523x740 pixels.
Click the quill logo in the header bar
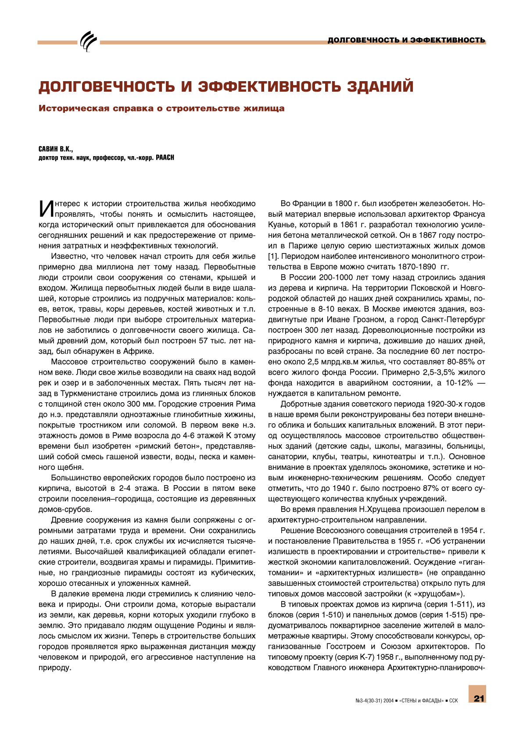point(89,42)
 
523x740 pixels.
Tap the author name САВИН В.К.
point(56,149)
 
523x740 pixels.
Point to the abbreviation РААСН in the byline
point(165,158)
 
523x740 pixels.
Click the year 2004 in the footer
point(388,701)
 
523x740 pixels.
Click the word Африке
point(139,351)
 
